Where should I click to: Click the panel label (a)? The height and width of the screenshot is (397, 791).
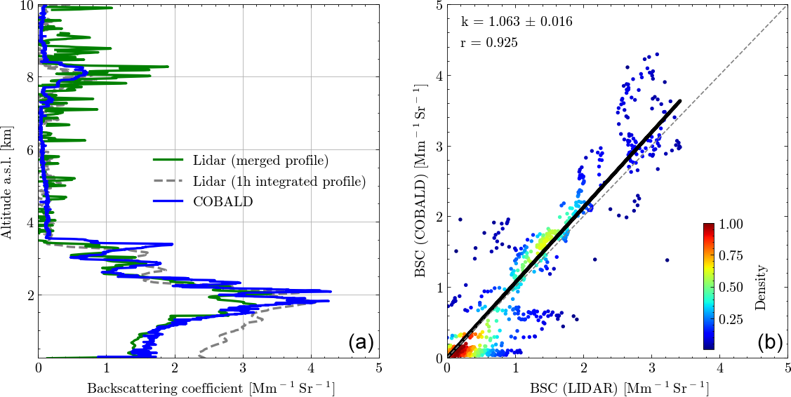coord(361,342)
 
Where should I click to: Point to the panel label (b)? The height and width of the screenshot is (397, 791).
coord(770,342)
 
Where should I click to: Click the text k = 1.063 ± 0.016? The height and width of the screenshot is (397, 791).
coord(516,22)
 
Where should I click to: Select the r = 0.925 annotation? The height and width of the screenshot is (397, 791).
coord(489,43)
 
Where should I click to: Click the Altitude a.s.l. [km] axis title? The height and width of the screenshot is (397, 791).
coord(8,182)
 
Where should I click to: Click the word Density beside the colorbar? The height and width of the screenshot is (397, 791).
coord(761,286)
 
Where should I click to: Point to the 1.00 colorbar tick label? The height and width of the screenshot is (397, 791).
coord(731,224)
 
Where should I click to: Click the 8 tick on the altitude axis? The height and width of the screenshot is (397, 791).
coord(29,76)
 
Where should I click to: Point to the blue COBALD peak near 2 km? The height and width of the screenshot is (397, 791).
coord(331,291)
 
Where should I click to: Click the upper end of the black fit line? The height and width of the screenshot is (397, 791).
coord(679,101)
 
